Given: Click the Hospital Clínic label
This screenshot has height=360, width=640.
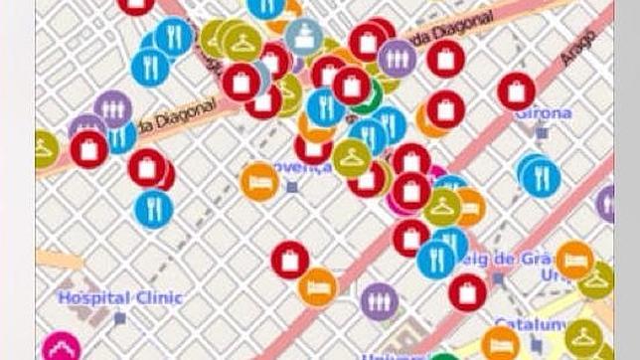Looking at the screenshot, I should pyautogui.click(x=94, y=296).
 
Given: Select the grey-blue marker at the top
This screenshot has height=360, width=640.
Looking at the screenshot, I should pyautogui.click(x=303, y=36).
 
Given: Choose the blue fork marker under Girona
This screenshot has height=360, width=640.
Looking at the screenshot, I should pyautogui.click(x=540, y=175).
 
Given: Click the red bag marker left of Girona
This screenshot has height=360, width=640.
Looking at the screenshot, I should pyautogui.click(x=516, y=91).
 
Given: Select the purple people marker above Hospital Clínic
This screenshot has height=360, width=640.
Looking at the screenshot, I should pyautogui.click(x=112, y=107).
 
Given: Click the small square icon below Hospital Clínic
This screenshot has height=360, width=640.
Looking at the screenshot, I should pyautogui.click(x=119, y=319).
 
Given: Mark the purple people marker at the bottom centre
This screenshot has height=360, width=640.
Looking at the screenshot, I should pyautogui.click(x=379, y=302).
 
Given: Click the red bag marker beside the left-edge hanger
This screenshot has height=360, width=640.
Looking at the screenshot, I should pyautogui.click(x=88, y=149).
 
